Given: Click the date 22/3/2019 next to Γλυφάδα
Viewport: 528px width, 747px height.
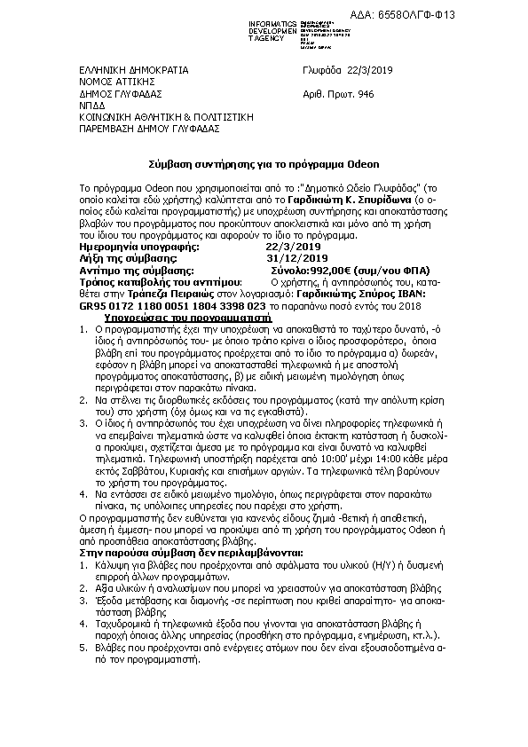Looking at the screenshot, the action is tap(368, 69).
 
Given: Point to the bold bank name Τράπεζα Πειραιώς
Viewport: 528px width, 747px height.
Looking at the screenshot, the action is tap(152, 291).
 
